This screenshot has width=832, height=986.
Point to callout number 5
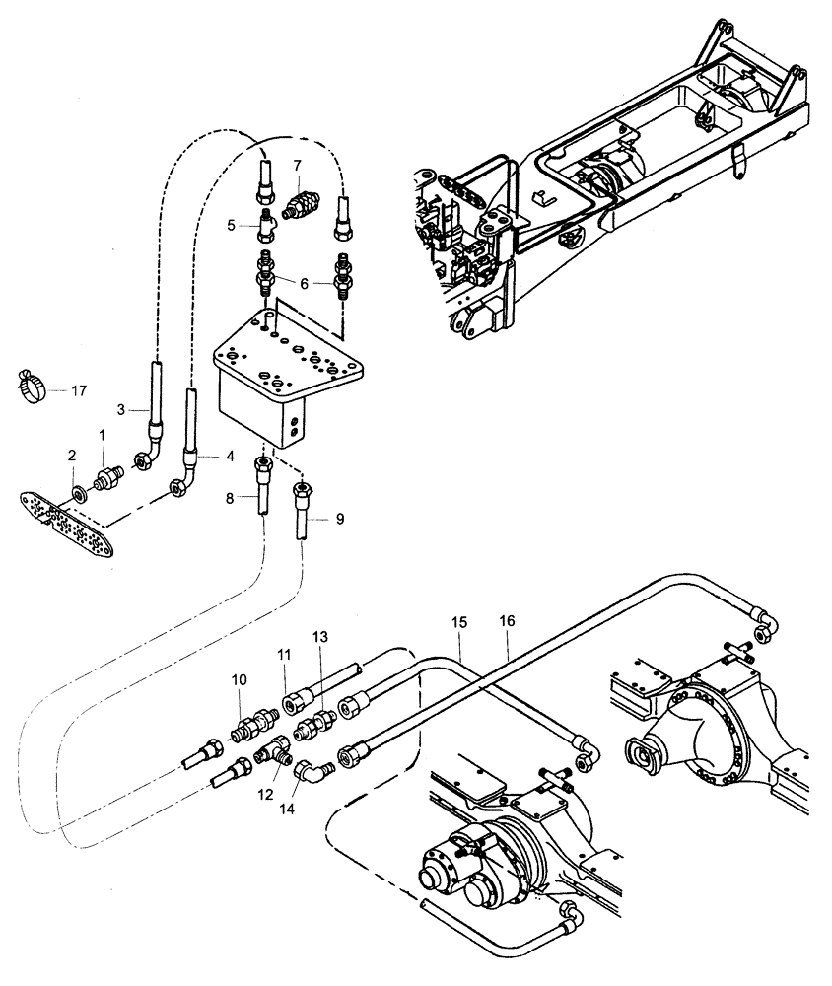pos(232,225)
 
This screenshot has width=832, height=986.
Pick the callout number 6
pos(306,283)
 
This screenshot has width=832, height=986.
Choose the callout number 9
pos(339,518)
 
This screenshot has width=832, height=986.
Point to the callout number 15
pos(458,624)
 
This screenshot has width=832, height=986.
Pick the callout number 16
pos(508,624)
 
